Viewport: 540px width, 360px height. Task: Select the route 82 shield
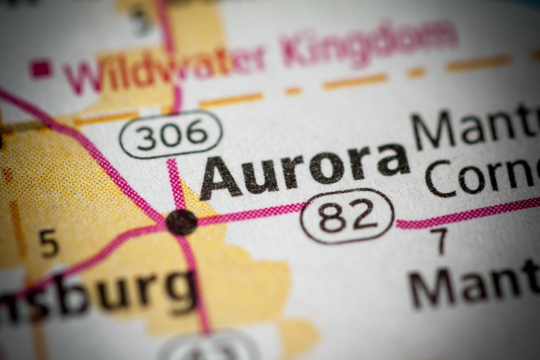pyautogui.click(x=347, y=216)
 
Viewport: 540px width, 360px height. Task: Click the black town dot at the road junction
pyautogui.click(x=181, y=222)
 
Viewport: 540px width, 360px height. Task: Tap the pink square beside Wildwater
pyautogui.click(x=41, y=68)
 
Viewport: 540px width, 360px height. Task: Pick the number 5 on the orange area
pyautogui.click(x=48, y=244)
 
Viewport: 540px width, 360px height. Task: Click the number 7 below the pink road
pyautogui.click(x=439, y=242)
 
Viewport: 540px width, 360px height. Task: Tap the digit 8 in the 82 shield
pyautogui.click(x=333, y=217)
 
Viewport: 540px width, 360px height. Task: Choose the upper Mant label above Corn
pyautogui.click(x=474, y=128)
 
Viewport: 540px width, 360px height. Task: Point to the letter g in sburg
pyautogui.click(x=178, y=291)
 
